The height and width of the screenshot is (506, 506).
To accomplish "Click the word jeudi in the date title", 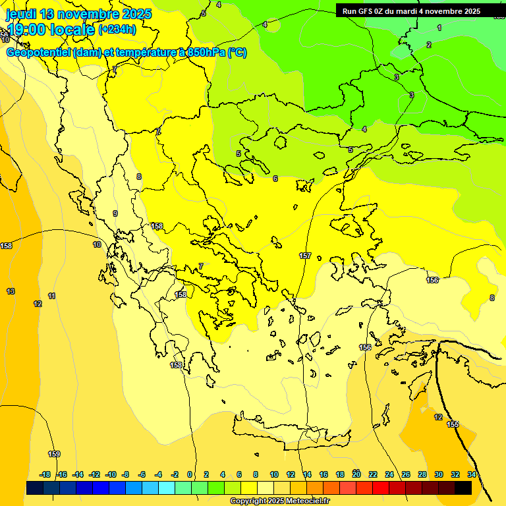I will coord(21,14).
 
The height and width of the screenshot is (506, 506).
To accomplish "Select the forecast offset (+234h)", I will coord(117,30).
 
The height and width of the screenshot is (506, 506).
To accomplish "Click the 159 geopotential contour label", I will coord(54,454).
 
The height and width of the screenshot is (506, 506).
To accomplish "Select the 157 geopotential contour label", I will coord(305,256).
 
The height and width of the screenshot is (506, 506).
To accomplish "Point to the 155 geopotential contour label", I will coord(453,424).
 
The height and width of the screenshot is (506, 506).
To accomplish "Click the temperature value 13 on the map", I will coord(11,291).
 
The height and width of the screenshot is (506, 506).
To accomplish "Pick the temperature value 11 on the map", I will coord(52,296).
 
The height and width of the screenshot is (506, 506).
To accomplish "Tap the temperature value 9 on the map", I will coord(115,213).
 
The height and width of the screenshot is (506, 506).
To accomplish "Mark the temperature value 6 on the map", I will coord(275,179).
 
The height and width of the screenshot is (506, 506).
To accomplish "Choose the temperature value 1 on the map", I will coord(439,28).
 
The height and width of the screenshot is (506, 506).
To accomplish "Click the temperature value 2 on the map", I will coord(429,45).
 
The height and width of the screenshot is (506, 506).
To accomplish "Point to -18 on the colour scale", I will coord(45,474).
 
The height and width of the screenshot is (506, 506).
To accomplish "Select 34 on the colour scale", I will coord(472,474).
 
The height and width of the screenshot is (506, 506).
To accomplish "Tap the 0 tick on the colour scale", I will coord(190,474).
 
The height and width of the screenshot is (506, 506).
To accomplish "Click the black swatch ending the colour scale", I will coord(463,488).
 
